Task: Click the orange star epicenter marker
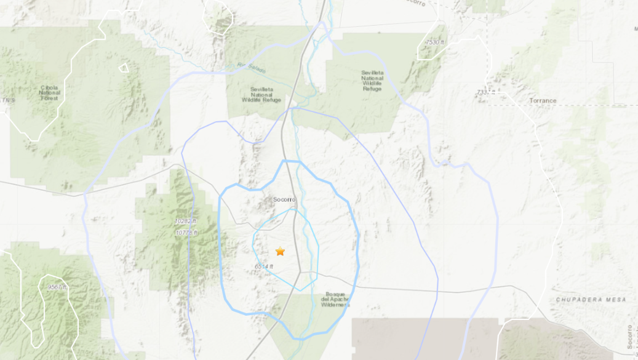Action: [280, 251]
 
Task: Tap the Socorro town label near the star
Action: [284, 199]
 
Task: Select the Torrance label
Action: [543, 100]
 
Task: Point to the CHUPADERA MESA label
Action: [591, 300]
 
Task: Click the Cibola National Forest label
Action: [49, 92]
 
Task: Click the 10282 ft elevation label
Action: [185, 220]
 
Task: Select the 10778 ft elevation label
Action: [186, 232]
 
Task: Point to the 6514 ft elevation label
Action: [263, 266]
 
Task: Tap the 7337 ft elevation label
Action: [485, 92]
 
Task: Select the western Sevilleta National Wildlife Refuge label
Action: [261, 94]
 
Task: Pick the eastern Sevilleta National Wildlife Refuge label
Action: [372, 80]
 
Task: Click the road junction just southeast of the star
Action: [301, 271]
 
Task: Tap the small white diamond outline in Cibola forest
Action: [124, 67]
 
